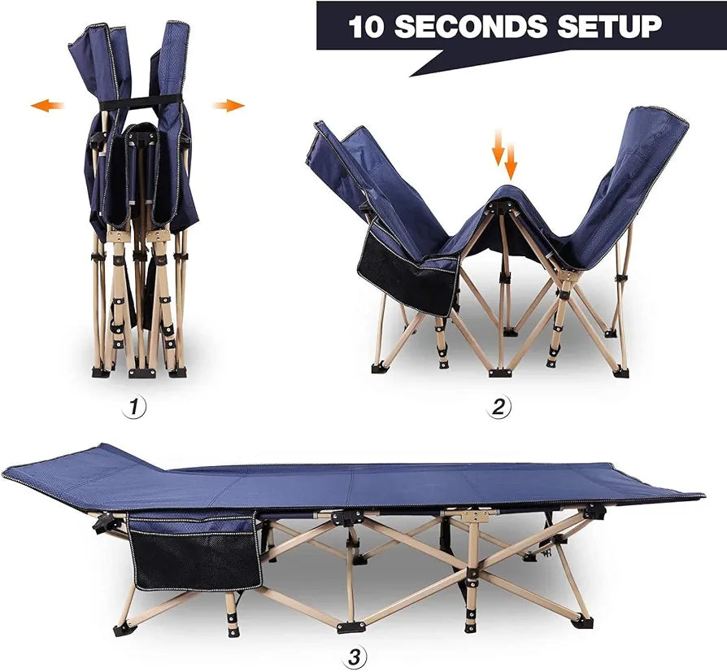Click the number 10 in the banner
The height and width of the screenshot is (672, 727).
366,26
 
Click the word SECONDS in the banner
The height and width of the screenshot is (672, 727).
471,26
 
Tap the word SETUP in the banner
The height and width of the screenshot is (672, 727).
609,26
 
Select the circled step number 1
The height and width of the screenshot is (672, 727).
134,408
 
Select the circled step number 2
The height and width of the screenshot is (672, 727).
498,408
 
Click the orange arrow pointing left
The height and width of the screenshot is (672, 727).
47,105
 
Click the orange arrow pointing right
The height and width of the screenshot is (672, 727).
229,105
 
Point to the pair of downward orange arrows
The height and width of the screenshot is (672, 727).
504,155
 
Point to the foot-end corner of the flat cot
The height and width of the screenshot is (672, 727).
703,495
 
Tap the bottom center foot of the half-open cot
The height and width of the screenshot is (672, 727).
500,372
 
